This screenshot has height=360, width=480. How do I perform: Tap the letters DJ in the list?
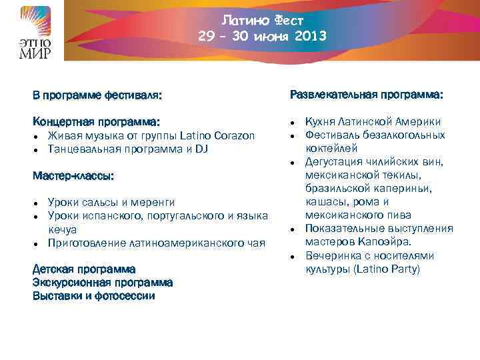(x=201, y=149)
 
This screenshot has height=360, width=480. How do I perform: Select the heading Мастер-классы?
(x=73, y=176)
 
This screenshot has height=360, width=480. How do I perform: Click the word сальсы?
(x=98, y=203)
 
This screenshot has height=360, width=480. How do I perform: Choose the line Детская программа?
(x=84, y=269)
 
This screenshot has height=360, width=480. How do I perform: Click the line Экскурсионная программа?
(x=103, y=283)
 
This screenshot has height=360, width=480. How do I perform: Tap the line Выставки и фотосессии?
(x=94, y=296)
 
